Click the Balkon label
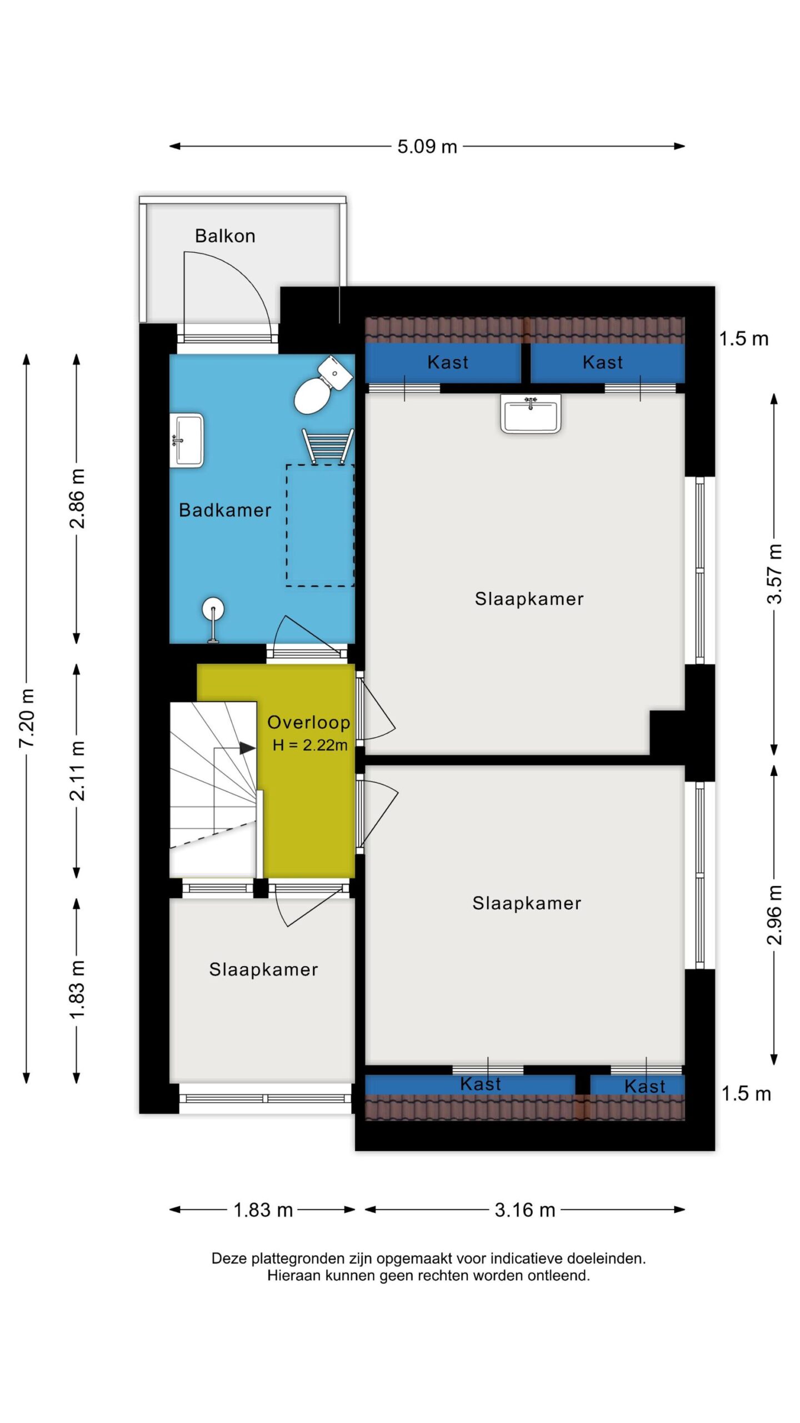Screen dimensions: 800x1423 tap(225, 236)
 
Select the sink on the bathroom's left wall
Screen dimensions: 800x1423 tap(186, 440)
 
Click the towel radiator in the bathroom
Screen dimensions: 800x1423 tap(327, 446)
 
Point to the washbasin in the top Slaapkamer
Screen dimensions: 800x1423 tap(531, 414)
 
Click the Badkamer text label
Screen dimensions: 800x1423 tap(225, 510)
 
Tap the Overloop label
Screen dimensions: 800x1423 tap(309, 722)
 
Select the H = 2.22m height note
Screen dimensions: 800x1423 tap(310, 745)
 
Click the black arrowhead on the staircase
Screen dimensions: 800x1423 tap(247, 748)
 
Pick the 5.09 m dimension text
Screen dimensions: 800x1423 tap(427, 147)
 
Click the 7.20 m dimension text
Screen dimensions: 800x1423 tap(27, 718)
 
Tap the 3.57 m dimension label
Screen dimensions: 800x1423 tap(774, 574)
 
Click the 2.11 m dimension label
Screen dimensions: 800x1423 tap(77, 770)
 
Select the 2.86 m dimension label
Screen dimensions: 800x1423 tap(77, 499)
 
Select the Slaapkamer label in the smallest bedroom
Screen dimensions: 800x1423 tap(263, 969)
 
